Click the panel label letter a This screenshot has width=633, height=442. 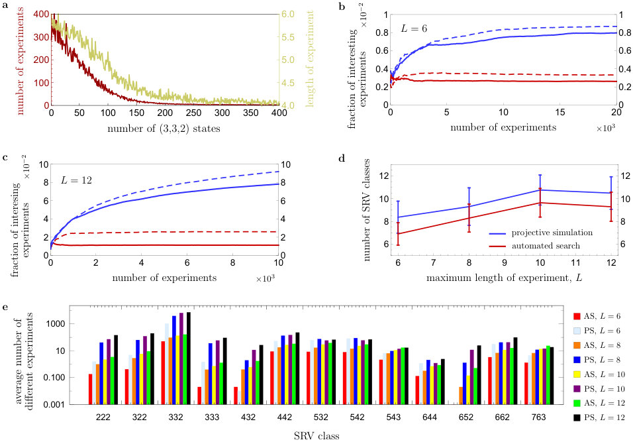5,6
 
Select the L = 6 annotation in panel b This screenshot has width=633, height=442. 414,28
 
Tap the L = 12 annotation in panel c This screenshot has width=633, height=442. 76,180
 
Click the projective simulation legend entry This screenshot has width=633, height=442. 541,233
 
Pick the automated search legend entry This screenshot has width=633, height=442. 534,246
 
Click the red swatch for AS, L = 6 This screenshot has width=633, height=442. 577,316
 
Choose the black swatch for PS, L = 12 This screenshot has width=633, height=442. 577,417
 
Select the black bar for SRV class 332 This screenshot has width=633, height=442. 189,358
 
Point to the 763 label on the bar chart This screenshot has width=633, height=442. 538,417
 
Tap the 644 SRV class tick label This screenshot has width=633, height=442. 430,417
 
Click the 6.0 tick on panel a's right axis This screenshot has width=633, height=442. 288,14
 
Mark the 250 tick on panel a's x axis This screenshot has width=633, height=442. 194,113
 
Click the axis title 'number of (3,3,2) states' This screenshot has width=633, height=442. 164,129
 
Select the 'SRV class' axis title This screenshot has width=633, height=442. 316,436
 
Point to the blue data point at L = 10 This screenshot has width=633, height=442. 540,190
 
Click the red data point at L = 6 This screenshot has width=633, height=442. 398,233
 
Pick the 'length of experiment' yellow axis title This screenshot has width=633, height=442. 310,59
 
